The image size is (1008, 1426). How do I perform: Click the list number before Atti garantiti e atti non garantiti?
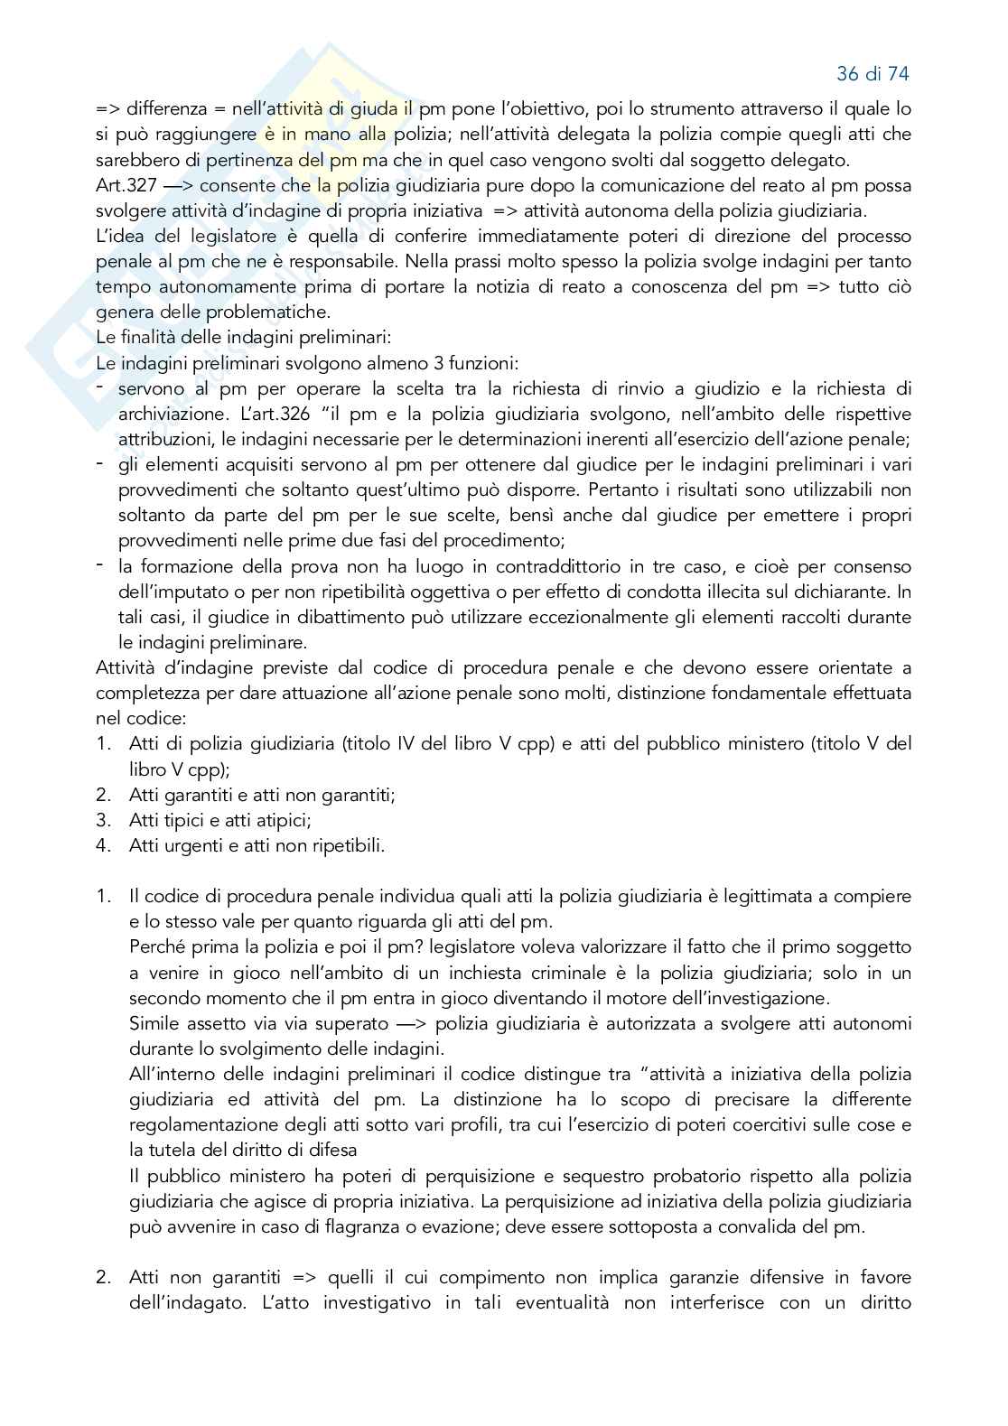(102, 795)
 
